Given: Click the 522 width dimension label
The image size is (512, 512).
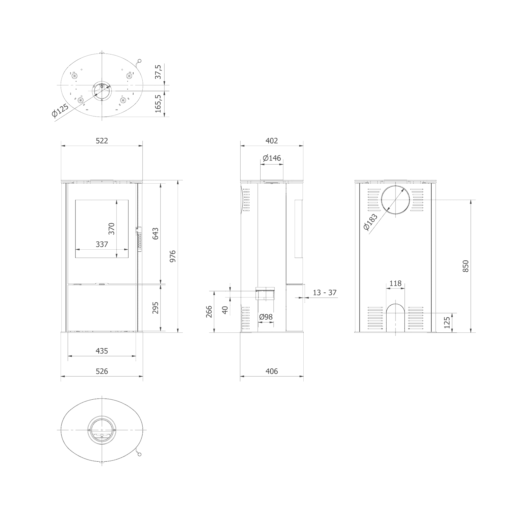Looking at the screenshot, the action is point(102,141).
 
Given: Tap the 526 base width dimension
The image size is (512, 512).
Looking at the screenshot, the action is point(102,371).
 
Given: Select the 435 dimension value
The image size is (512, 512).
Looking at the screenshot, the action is point(102,351).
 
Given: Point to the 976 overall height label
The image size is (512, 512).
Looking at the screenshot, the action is point(173,256).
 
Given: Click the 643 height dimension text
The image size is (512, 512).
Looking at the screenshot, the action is point(155,233).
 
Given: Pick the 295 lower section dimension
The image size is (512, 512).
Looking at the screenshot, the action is point(155,308).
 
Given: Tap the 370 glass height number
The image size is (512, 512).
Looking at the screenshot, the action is point(112,229).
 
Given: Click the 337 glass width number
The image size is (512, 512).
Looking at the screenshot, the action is point(102,244).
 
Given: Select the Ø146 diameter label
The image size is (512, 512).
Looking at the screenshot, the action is point(272,158).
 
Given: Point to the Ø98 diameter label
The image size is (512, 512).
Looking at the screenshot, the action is point(266,317).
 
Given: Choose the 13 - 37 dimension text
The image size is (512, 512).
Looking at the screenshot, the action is point(325,293).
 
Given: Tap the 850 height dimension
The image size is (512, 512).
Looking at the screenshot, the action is point(466,266).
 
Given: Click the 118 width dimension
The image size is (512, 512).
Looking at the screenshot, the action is point(396,283).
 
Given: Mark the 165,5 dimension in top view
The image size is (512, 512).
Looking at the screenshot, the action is point(158,104).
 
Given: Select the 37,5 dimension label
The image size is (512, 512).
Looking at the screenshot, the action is point(158,72).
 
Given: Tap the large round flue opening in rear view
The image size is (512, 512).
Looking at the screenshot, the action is point(396,200).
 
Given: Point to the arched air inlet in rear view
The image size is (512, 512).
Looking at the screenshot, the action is point(396,318).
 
